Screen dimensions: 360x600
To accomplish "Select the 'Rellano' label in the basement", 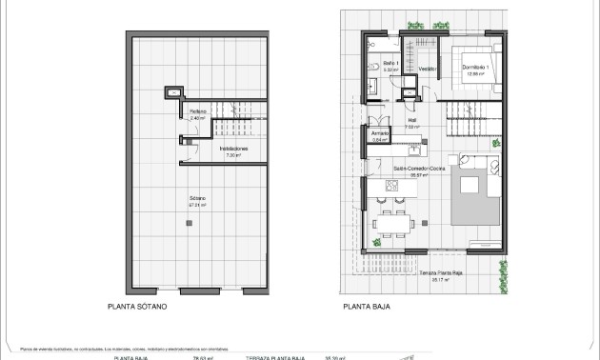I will click(x=197, y=112).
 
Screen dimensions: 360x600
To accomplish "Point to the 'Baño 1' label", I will click(x=390, y=64).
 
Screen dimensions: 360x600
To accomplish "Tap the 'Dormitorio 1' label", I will click(x=475, y=67).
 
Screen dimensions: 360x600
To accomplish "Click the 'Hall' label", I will click(x=412, y=121).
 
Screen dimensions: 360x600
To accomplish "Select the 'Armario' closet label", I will click(x=379, y=134).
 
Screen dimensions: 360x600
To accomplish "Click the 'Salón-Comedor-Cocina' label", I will click(x=419, y=169).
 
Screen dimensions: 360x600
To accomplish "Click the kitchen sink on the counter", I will click(x=414, y=149).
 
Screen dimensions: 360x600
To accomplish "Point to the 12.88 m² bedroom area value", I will click(x=475, y=73).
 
